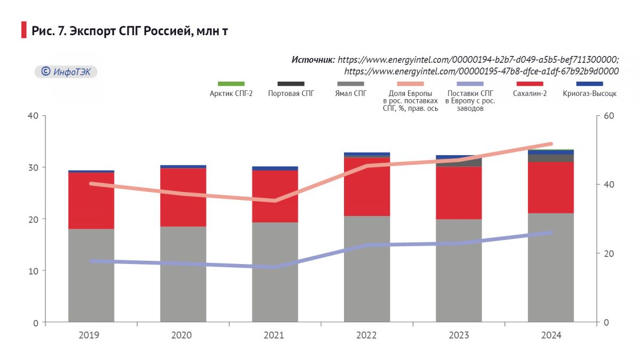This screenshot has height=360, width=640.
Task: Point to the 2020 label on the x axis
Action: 183,335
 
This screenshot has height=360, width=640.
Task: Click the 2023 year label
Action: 459,335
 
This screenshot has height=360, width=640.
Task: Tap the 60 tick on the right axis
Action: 609,116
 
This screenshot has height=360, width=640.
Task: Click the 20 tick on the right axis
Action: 609,253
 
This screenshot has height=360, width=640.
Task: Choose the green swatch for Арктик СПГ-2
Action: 231,84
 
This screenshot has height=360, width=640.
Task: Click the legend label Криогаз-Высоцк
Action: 589,94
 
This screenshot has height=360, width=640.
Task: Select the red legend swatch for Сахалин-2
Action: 530,84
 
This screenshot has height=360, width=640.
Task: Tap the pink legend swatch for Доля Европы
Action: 410,84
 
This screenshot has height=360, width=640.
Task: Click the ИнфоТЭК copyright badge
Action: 66,71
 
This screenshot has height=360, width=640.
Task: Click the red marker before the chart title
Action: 23,30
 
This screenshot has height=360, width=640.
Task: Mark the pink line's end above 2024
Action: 551,144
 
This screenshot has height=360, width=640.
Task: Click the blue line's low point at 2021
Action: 275,267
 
